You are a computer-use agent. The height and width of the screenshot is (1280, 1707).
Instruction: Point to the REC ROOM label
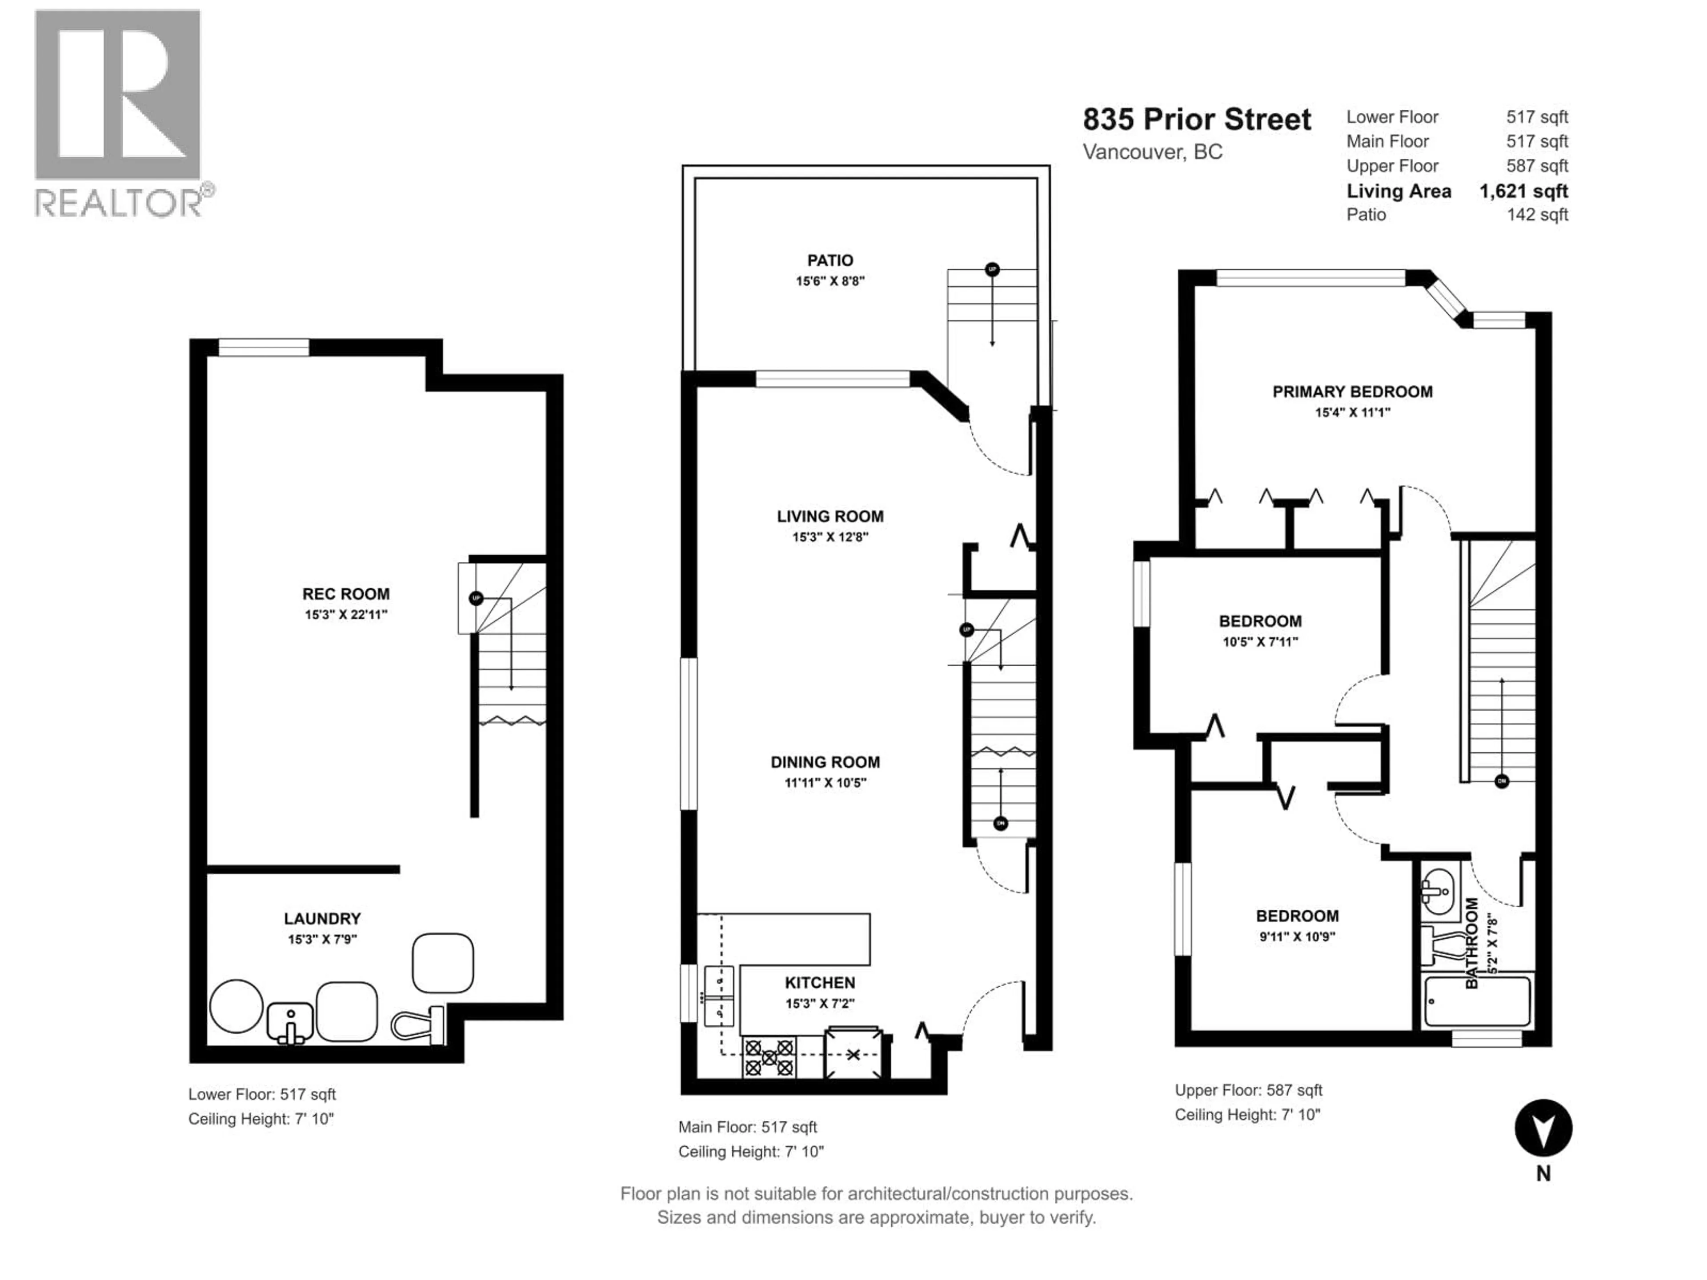[346, 594]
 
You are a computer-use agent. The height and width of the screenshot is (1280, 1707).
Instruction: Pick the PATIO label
[830, 261]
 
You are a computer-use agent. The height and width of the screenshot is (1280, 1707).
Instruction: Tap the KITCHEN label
[820, 983]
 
